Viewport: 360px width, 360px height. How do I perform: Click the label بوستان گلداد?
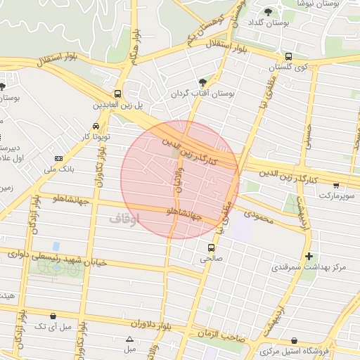tap(266, 23)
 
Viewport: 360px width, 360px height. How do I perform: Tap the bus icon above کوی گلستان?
tap(288, 56)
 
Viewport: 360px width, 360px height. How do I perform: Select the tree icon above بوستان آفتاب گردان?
tap(203, 82)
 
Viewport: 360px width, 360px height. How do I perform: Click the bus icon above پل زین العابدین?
tap(117, 94)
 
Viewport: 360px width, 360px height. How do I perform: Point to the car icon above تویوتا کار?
tap(85, 126)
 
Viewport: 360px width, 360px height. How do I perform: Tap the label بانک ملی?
tap(60, 169)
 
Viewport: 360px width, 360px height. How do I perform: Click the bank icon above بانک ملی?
tap(58, 158)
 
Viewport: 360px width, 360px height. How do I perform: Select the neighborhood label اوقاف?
tap(124, 219)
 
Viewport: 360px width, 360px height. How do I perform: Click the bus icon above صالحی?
tap(210, 247)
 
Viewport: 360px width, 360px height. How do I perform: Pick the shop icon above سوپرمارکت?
tap(337, 186)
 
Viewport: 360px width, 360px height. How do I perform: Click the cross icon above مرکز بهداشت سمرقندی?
tap(309, 256)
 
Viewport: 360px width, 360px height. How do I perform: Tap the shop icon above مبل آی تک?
tap(54, 316)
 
